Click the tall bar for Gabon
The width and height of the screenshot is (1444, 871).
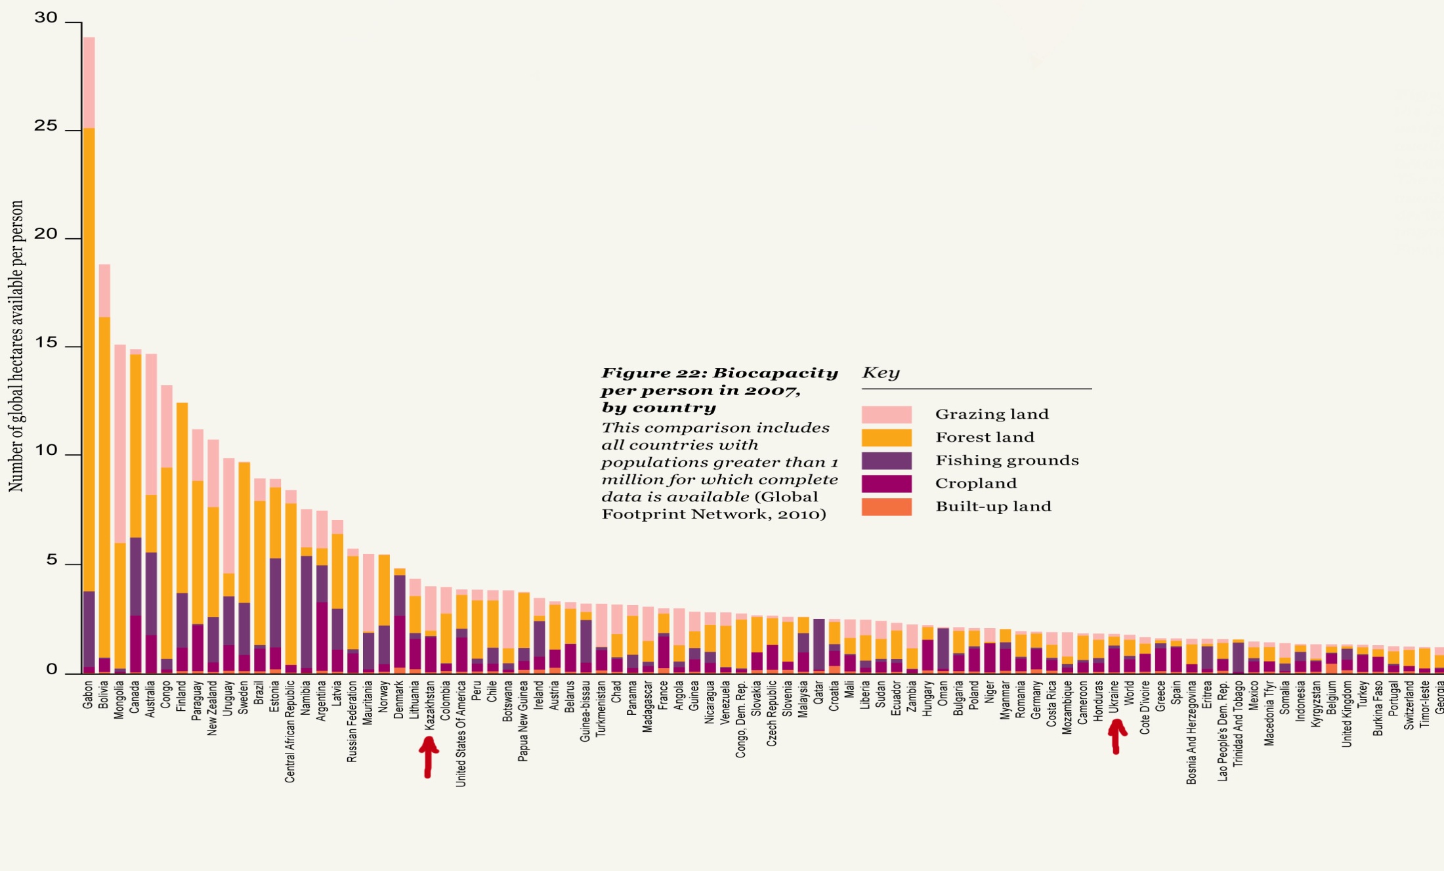(89, 354)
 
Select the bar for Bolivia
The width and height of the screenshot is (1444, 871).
(104, 469)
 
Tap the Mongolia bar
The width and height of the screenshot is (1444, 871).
(120, 509)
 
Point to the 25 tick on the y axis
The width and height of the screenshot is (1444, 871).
(46, 125)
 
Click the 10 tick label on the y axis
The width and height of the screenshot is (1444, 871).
(46, 450)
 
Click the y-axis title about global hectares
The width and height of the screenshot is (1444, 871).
(16, 346)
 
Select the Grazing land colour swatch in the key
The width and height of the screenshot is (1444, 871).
(886, 414)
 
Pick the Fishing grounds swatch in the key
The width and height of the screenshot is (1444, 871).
(886, 460)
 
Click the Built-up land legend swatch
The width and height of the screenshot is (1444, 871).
(886, 507)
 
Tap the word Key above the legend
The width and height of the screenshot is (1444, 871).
(880, 373)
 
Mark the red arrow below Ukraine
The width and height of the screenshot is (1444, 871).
(1116, 736)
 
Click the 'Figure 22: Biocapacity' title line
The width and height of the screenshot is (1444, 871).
(719, 373)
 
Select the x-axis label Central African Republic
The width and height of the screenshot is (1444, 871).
(290, 731)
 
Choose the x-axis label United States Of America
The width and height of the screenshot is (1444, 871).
(461, 733)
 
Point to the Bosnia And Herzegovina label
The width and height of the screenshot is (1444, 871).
(1192, 733)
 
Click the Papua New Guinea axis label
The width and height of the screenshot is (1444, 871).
(523, 721)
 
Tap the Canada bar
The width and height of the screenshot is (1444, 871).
(135, 512)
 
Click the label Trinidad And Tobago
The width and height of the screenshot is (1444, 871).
(1239, 723)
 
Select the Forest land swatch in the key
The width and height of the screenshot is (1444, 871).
(886, 437)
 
